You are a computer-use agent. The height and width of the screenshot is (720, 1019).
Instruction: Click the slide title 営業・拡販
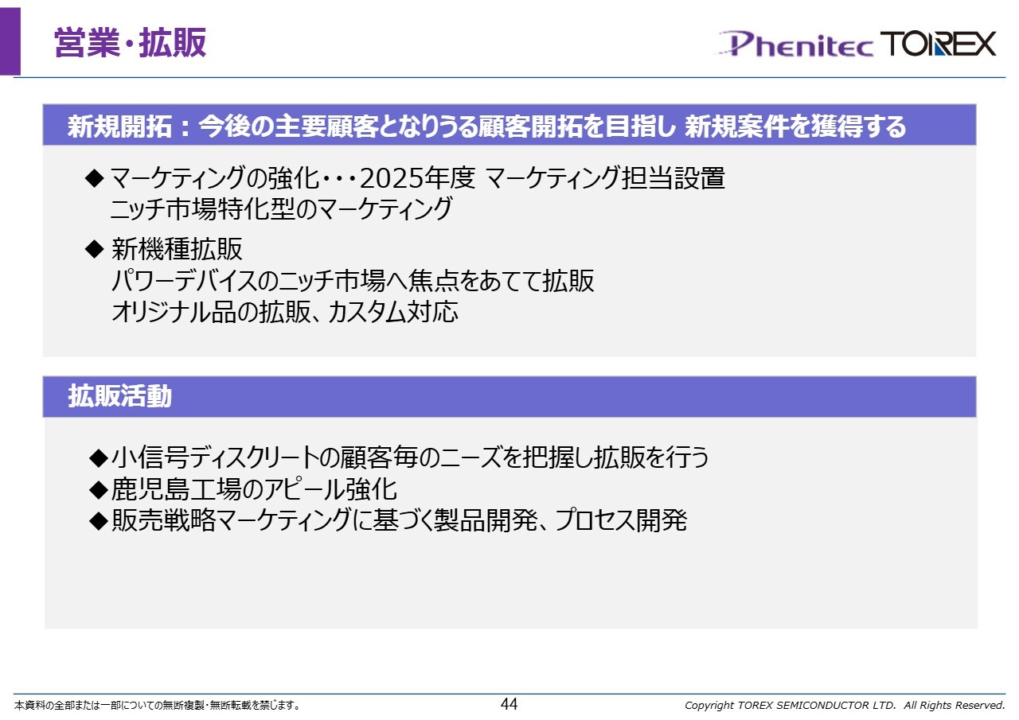pyautogui.click(x=130, y=43)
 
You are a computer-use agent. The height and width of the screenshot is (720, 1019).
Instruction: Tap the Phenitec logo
pyautogui.click(x=795, y=44)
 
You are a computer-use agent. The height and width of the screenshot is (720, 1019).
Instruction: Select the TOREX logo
pyautogui.click(x=938, y=44)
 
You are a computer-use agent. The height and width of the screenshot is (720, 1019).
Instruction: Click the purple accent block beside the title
pyautogui.click(x=10, y=41)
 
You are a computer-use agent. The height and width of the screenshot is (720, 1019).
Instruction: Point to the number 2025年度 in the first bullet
pyautogui.click(x=417, y=177)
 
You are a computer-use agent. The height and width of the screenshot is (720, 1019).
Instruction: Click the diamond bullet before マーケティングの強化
pyautogui.click(x=95, y=178)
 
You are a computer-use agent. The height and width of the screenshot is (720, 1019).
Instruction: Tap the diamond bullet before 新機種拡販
pyautogui.click(x=95, y=249)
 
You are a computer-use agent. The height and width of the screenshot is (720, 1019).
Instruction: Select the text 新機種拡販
pyautogui.click(x=177, y=249)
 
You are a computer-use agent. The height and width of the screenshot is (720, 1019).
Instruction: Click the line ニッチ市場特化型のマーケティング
pyautogui.click(x=282, y=209)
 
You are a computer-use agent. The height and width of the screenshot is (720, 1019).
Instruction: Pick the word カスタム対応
pyautogui.click(x=393, y=312)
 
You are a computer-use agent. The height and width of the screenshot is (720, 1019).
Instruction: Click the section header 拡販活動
pyautogui.click(x=119, y=396)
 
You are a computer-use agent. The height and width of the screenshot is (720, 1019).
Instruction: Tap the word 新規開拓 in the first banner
pyautogui.click(x=119, y=126)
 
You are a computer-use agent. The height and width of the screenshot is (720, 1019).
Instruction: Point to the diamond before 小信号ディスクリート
pyautogui.click(x=99, y=457)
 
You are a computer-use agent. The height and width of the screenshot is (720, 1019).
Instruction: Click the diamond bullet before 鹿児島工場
pyautogui.click(x=99, y=489)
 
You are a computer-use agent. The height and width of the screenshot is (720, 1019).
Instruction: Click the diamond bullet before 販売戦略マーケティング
pyautogui.click(x=99, y=521)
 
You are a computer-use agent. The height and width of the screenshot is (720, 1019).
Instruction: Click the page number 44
pyautogui.click(x=509, y=704)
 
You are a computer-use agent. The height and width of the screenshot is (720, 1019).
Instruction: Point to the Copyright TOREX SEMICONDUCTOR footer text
pyautogui.click(x=845, y=705)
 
